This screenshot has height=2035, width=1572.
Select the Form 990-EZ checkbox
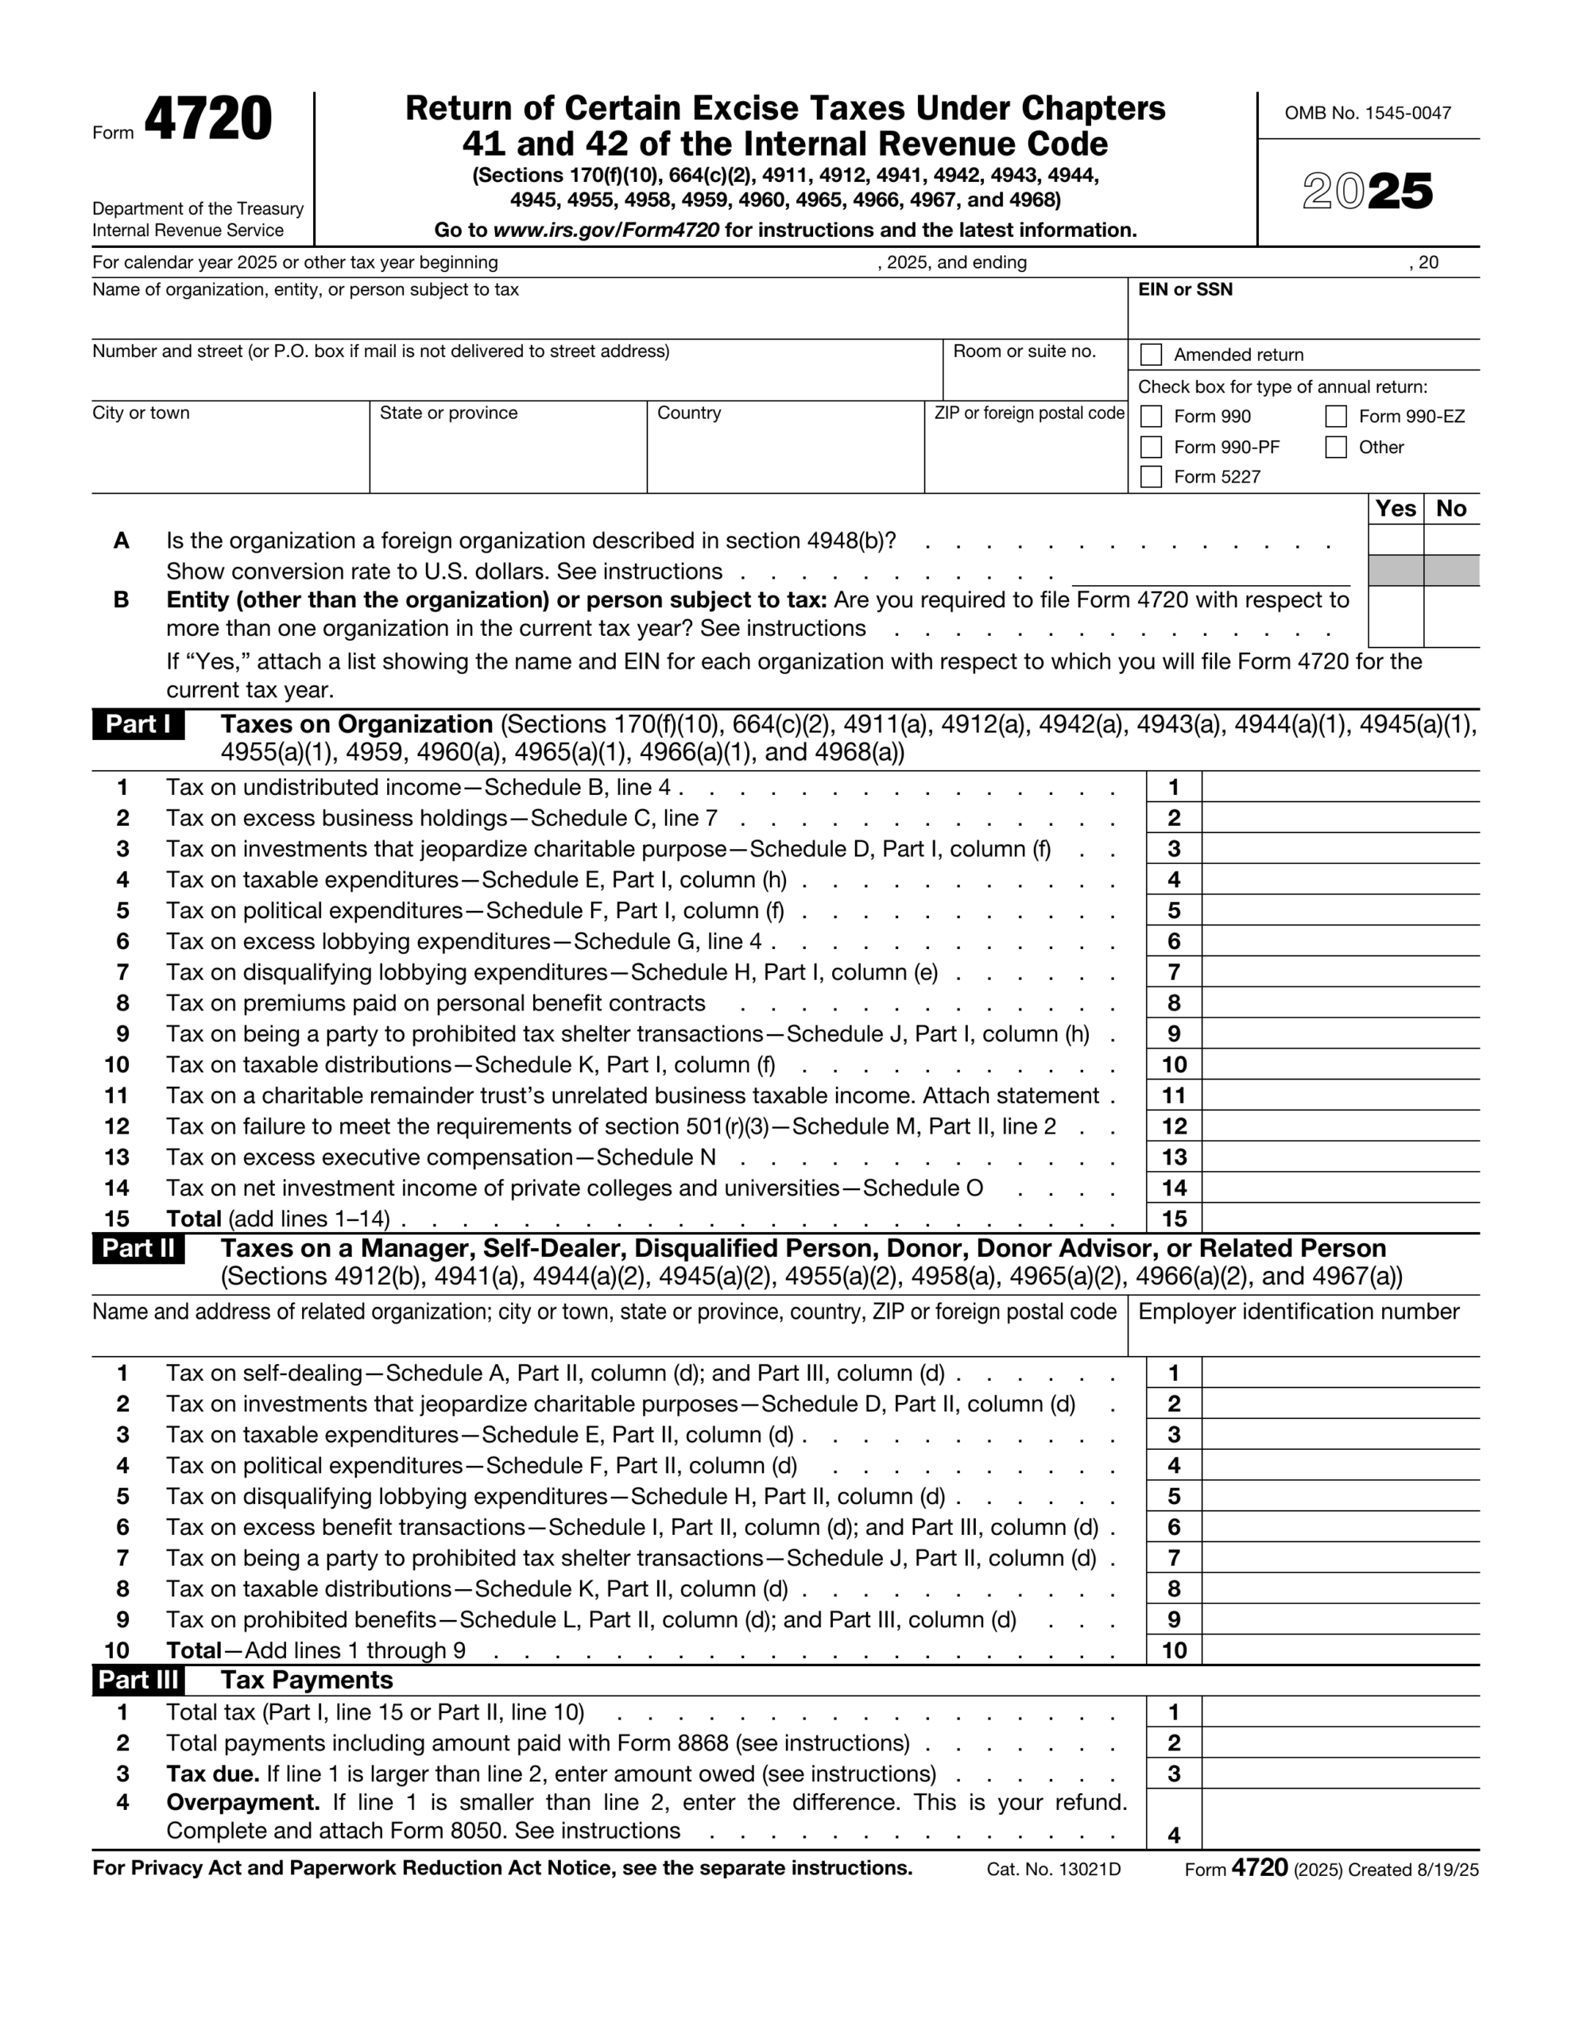1335,416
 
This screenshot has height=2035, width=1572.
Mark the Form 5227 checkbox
1151,476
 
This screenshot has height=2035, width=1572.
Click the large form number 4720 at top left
207,120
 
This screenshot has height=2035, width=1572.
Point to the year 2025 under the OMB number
1367,192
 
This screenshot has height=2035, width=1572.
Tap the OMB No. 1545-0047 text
1367,113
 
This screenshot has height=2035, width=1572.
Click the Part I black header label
138,724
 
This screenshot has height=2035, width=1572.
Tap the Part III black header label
138,1680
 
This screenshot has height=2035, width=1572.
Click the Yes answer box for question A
1395,540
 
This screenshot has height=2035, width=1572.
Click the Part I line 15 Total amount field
1340,1218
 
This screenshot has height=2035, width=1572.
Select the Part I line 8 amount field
1340,1002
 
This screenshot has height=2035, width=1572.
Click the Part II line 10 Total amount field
1340,1650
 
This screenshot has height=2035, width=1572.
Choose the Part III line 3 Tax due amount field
1340,1773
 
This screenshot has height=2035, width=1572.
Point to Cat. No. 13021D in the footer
1053,1869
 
